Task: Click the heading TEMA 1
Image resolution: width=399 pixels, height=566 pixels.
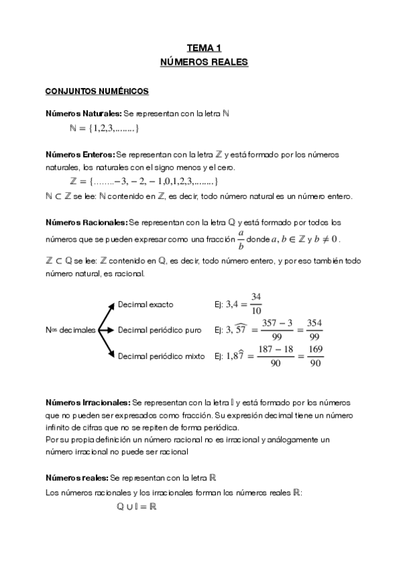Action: pyautogui.click(x=204, y=48)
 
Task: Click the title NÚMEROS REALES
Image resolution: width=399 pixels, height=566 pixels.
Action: pyautogui.click(x=204, y=62)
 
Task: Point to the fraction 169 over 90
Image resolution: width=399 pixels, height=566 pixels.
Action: pyautogui.click(x=316, y=356)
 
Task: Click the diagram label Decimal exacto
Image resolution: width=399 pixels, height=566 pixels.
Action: pyautogui.click(x=145, y=304)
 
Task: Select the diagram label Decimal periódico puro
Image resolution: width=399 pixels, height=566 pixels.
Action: pyautogui.click(x=159, y=330)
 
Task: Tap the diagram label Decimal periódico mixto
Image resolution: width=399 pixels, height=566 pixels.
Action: pyautogui.click(x=161, y=356)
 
